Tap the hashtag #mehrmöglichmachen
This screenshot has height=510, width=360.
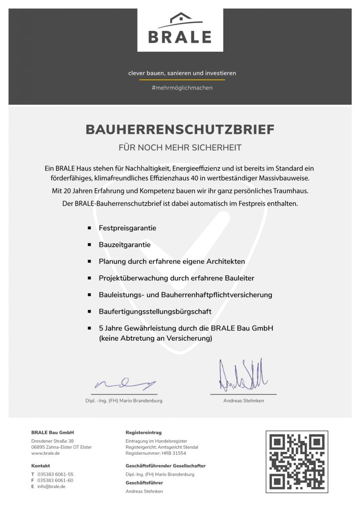coord(182,88)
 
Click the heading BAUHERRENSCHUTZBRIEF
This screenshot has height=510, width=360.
coord(180,129)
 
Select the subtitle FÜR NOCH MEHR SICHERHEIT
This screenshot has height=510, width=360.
coord(180,147)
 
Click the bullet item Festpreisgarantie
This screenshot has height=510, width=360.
coord(127,228)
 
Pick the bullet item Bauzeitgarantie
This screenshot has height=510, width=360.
coord(124,245)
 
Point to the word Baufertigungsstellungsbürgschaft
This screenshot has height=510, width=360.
coord(155,311)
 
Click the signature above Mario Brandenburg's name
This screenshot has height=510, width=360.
coord(125,384)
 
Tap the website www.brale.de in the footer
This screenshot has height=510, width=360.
coord(46,454)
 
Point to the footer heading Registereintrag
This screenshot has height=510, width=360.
coord(143,432)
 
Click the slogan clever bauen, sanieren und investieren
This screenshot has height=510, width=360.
coord(182,73)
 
